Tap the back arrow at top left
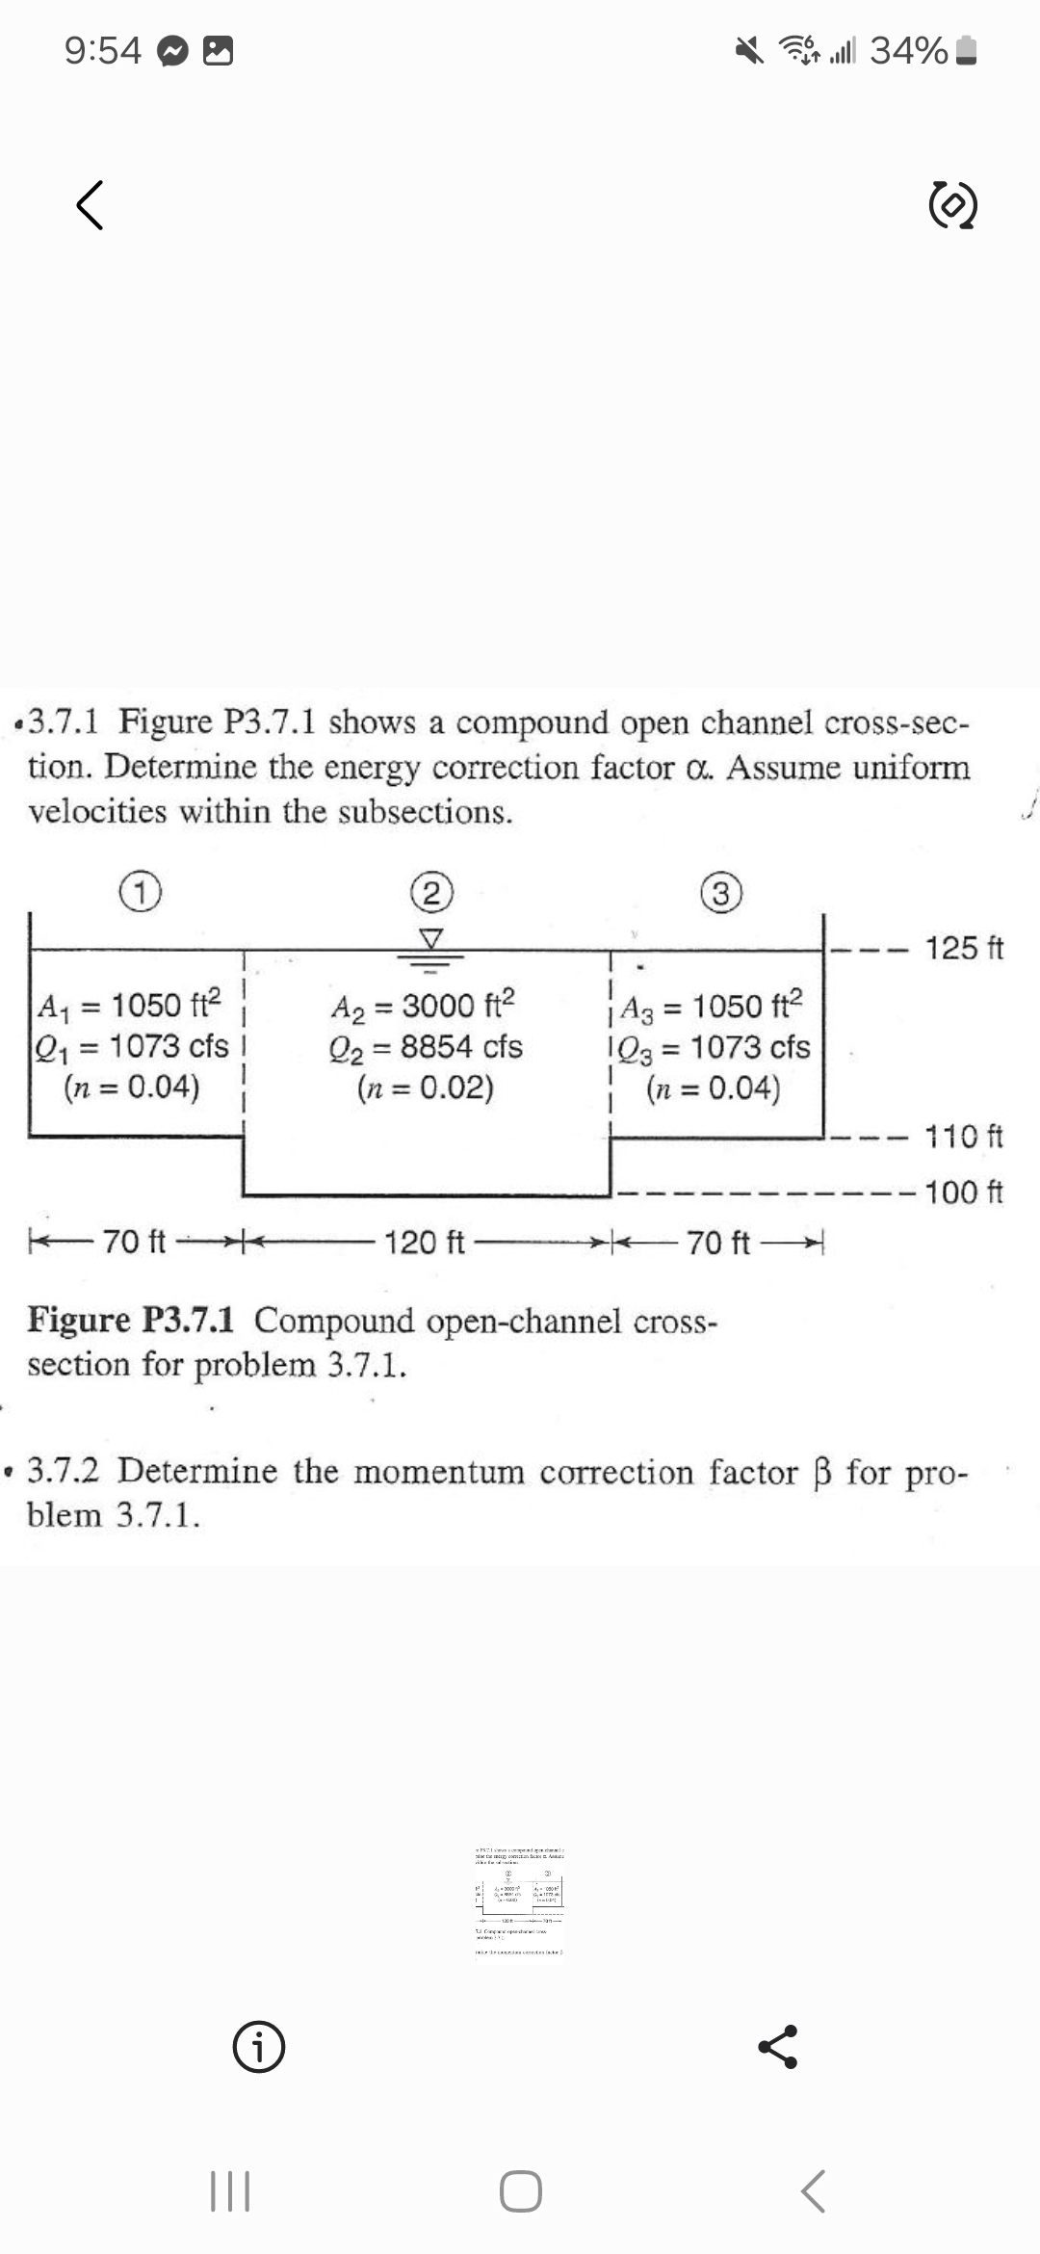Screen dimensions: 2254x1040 (x=90, y=206)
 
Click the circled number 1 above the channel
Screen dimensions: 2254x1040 (x=141, y=893)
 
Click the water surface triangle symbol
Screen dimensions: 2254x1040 (x=432, y=937)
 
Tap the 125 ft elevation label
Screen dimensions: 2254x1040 (x=964, y=948)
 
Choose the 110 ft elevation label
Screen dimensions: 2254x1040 (x=964, y=1137)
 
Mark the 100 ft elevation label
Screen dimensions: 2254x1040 (x=964, y=1193)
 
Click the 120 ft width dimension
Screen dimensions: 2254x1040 (x=425, y=1244)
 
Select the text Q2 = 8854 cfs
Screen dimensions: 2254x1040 (x=426, y=1047)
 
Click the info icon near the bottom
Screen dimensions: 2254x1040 (x=259, y=2049)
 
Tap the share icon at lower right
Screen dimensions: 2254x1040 (x=779, y=2047)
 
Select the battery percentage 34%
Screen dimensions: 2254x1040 (x=908, y=50)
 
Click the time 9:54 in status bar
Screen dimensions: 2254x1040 (x=103, y=50)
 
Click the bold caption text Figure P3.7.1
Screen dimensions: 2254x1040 (x=131, y=1320)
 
